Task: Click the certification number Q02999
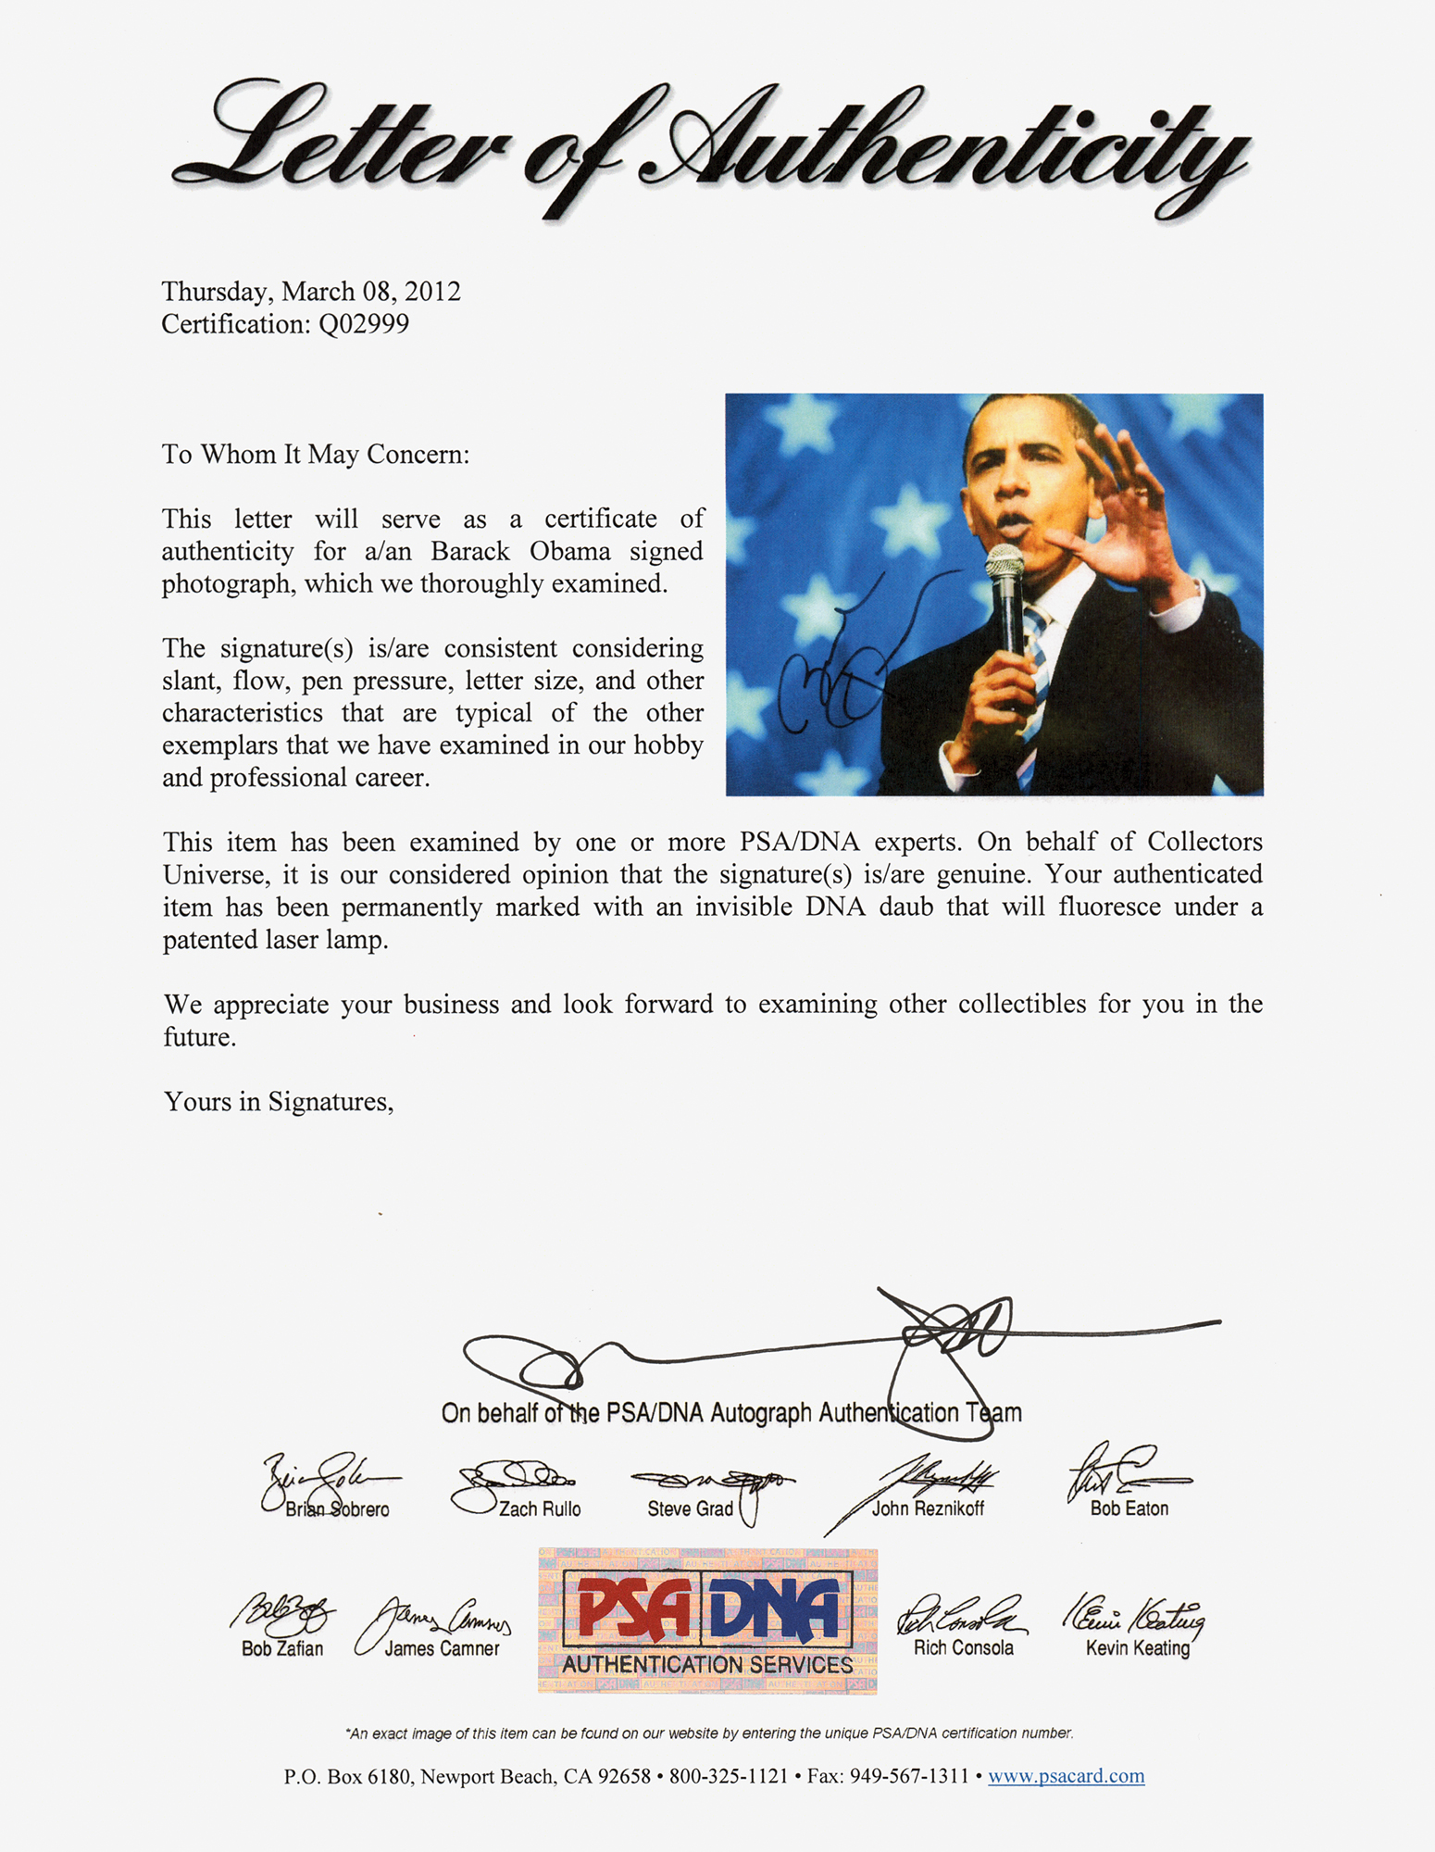[x=363, y=324]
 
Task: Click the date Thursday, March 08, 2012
[x=311, y=292]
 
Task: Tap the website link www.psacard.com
[x=1066, y=1776]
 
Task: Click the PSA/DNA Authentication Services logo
[x=707, y=1620]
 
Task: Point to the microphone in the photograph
[x=1005, y=593]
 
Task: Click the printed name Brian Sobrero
[x=337, y=1509]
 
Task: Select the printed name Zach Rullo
[x=540, y=1509]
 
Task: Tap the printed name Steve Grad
[x=690, y=1509]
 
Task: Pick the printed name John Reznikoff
[x=928, y=1508]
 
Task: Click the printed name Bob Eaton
[x=1129, y=1508]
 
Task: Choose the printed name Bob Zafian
[x=282, y=1648]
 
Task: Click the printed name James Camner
[x=442, y=1648]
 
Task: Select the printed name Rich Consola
[x=963, y=1647]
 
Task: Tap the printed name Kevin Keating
[x=1137, y=1647]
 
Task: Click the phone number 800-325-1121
[x=729, y=1776]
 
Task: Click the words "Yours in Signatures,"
[x=279, y=1102]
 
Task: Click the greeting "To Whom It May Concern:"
[x=316, y=455]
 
